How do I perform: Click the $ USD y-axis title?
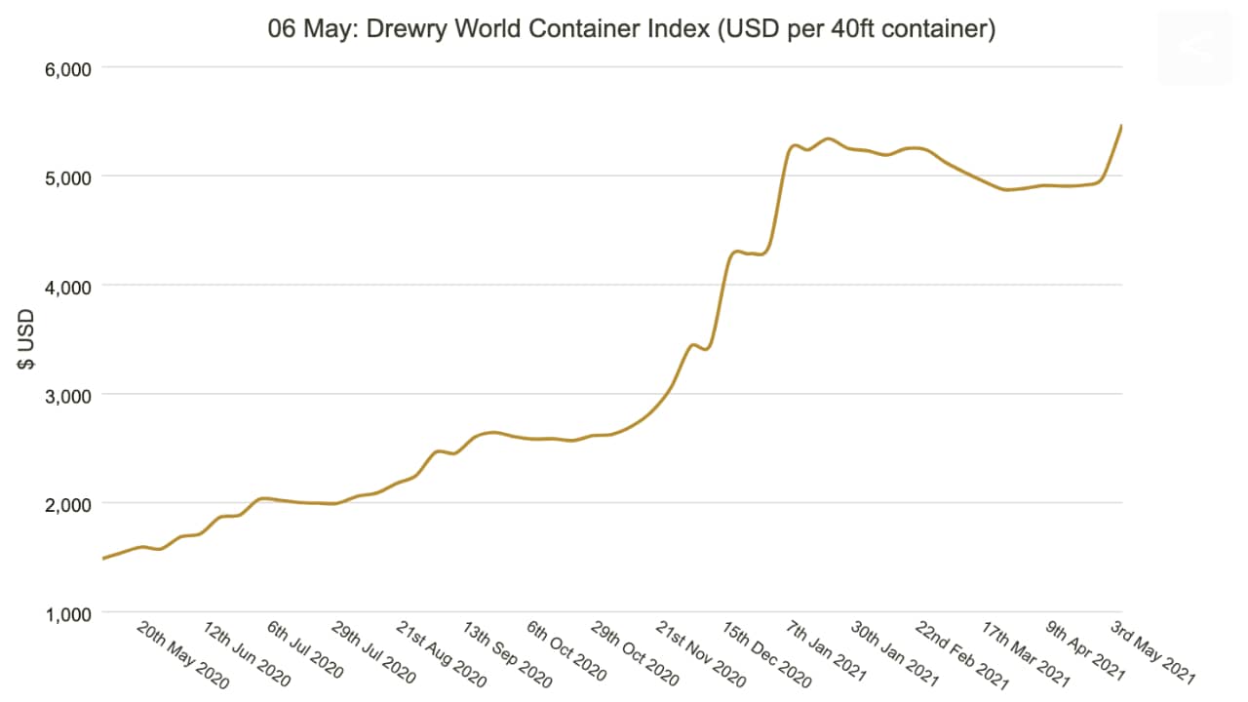coord(26,338)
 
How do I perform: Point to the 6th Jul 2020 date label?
coord(305,648)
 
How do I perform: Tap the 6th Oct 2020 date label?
coord(565,649)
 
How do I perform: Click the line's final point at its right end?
coord(1121,126)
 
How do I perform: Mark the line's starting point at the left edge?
coord(103,559)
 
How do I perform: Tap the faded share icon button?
coord(1195,48)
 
